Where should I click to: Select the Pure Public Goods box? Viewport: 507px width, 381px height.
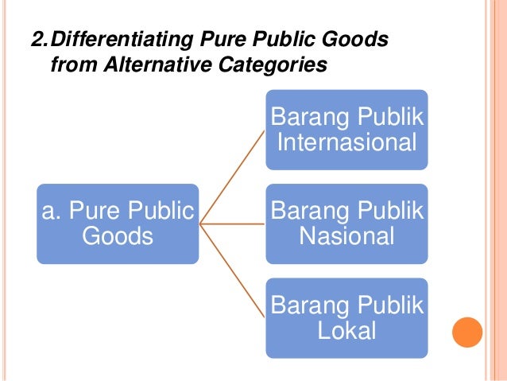(x=118, y=224)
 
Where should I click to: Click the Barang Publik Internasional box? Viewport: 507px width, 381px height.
(x=346, y=130)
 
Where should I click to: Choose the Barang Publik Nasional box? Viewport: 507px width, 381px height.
(x=346, y=224)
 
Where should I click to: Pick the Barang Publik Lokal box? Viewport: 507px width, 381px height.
(x=346, y=317)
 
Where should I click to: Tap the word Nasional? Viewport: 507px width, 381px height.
(x=346, y=236)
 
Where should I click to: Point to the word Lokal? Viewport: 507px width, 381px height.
(x=346, y=330)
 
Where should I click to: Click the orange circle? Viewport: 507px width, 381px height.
(x=467, y=333)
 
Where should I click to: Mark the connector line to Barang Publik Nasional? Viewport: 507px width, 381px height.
(x=232, y=224)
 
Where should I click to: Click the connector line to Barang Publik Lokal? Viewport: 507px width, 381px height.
(x=232, y=270)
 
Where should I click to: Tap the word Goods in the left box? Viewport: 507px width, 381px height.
(x=118, y=236)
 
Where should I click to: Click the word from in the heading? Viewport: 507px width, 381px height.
(x=73, y=64)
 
